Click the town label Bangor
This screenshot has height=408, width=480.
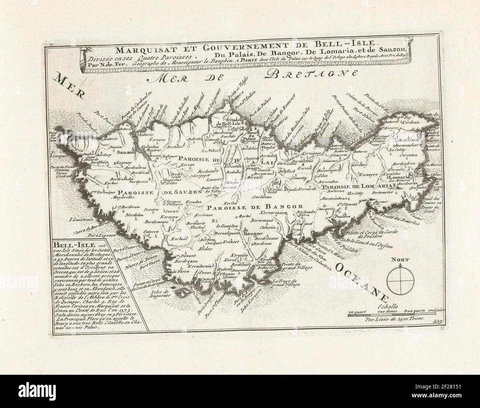click(x=251, y=234)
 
